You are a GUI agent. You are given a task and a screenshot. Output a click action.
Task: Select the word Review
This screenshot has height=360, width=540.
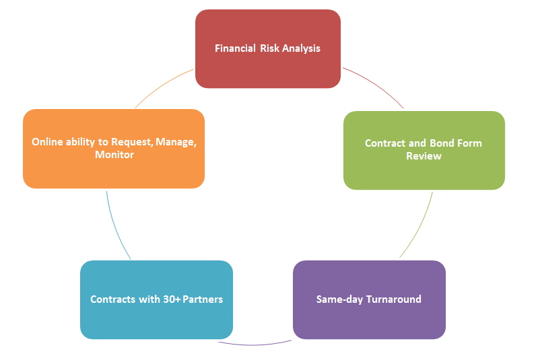point(424,156)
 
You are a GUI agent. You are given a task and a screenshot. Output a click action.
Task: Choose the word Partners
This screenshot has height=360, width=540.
point(201,299)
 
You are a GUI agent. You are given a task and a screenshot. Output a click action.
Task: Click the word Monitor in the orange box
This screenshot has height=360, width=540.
point(114,155)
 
